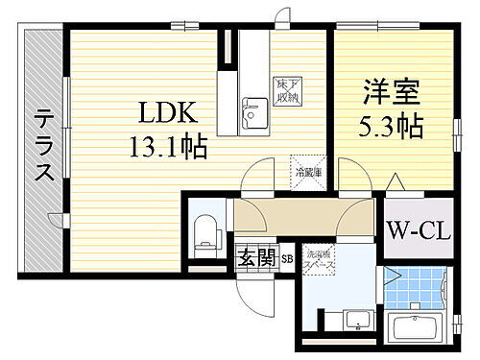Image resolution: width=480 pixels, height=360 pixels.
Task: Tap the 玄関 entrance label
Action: [256, 258]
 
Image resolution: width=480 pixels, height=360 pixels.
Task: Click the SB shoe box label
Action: [286, 258]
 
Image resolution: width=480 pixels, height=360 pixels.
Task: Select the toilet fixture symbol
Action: [205, 231]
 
